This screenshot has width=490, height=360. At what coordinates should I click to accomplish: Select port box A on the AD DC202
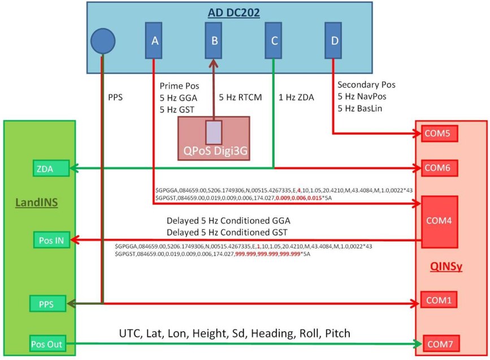tap(154, 40)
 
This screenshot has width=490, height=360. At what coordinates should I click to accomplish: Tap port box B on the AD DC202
tap(214, 40)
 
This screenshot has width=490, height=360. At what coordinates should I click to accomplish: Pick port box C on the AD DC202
tap(274, 40)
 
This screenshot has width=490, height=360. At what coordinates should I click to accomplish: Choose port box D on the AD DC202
tap(333, 40)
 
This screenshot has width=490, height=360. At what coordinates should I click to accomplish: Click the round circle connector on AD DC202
tap(103, 41)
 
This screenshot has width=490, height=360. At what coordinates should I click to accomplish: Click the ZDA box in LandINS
tap(50, 168)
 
